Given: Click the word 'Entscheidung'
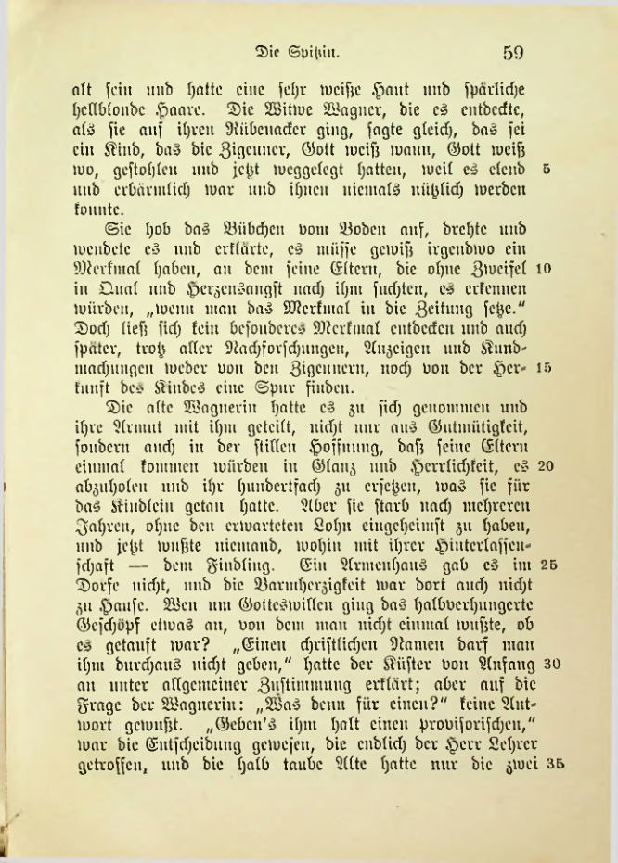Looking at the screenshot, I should click(x=175, y=752).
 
